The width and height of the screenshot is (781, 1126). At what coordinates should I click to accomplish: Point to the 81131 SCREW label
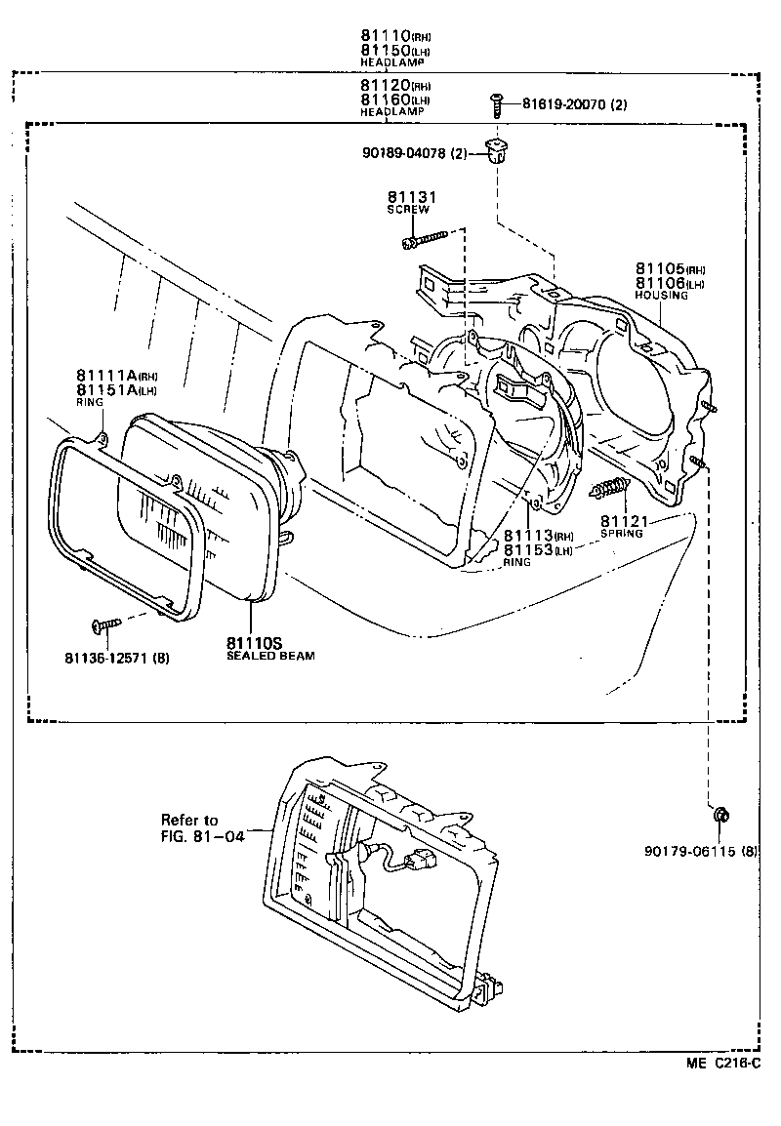coord(411,202)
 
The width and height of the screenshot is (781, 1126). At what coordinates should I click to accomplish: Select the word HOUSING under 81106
coord(661,295)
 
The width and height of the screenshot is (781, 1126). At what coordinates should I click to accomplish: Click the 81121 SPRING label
coord(622,527)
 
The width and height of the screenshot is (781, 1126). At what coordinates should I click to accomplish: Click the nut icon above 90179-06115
coord(720,815)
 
